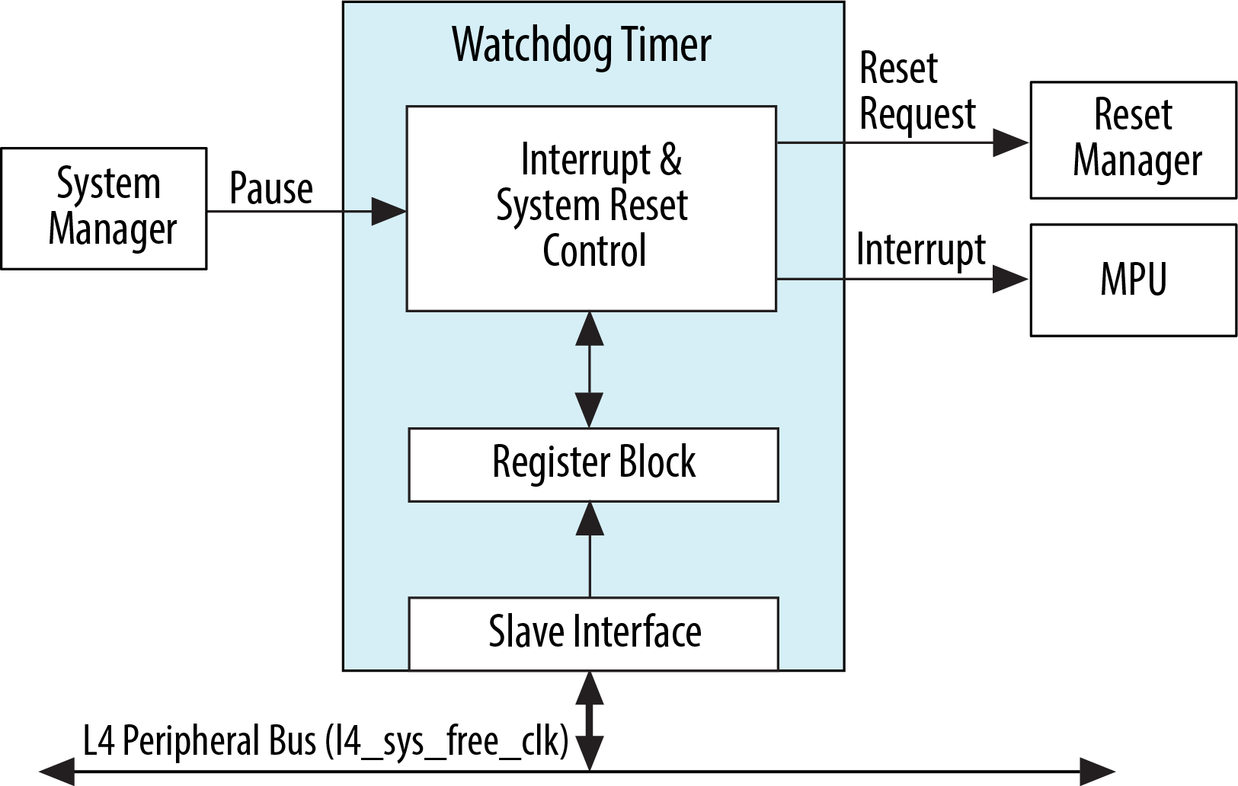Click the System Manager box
[x=104, y=208]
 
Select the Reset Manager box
[x=1133, y=140]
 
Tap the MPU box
[x=1133, y=280]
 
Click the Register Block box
[x=593, y=464]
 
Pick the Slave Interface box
[x=593, y=633]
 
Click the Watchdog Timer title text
[x=581, y=45]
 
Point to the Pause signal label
[x=271, y=188]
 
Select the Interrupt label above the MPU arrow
[x=920, y=250]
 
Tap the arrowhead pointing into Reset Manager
[x=1011, y=142]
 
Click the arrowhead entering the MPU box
[x=1011, y=280]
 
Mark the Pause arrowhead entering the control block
[x=389, y=211]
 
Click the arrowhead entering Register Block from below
[x=590, y=519]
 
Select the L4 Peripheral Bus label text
[x=325, y=740]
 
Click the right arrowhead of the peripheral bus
[x=1098, y=772]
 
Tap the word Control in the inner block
[x=594, y=251]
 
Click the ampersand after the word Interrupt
[x=670, y=160]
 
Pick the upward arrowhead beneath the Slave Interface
[x=590, y=688]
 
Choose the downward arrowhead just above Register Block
[x=589, y=410]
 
